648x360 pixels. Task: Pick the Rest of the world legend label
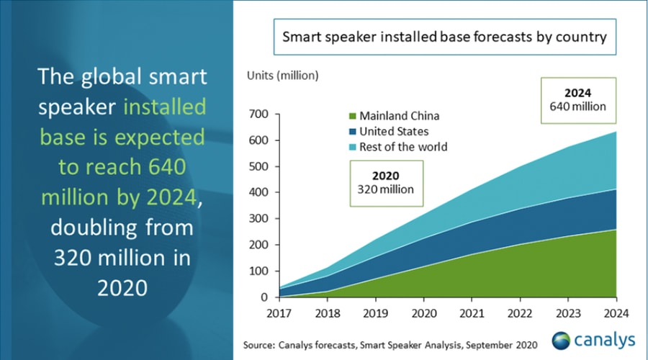click(402, 147)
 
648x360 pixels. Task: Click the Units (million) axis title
click(282, 75)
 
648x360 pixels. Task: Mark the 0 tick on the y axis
click(264, 297)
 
